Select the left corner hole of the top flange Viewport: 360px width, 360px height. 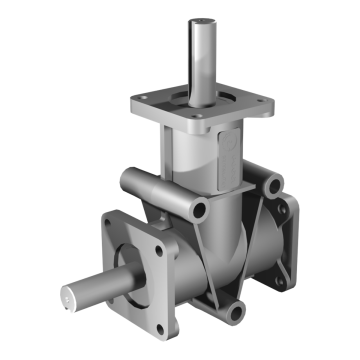[140, 101]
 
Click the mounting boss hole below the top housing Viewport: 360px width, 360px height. [201, 209]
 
